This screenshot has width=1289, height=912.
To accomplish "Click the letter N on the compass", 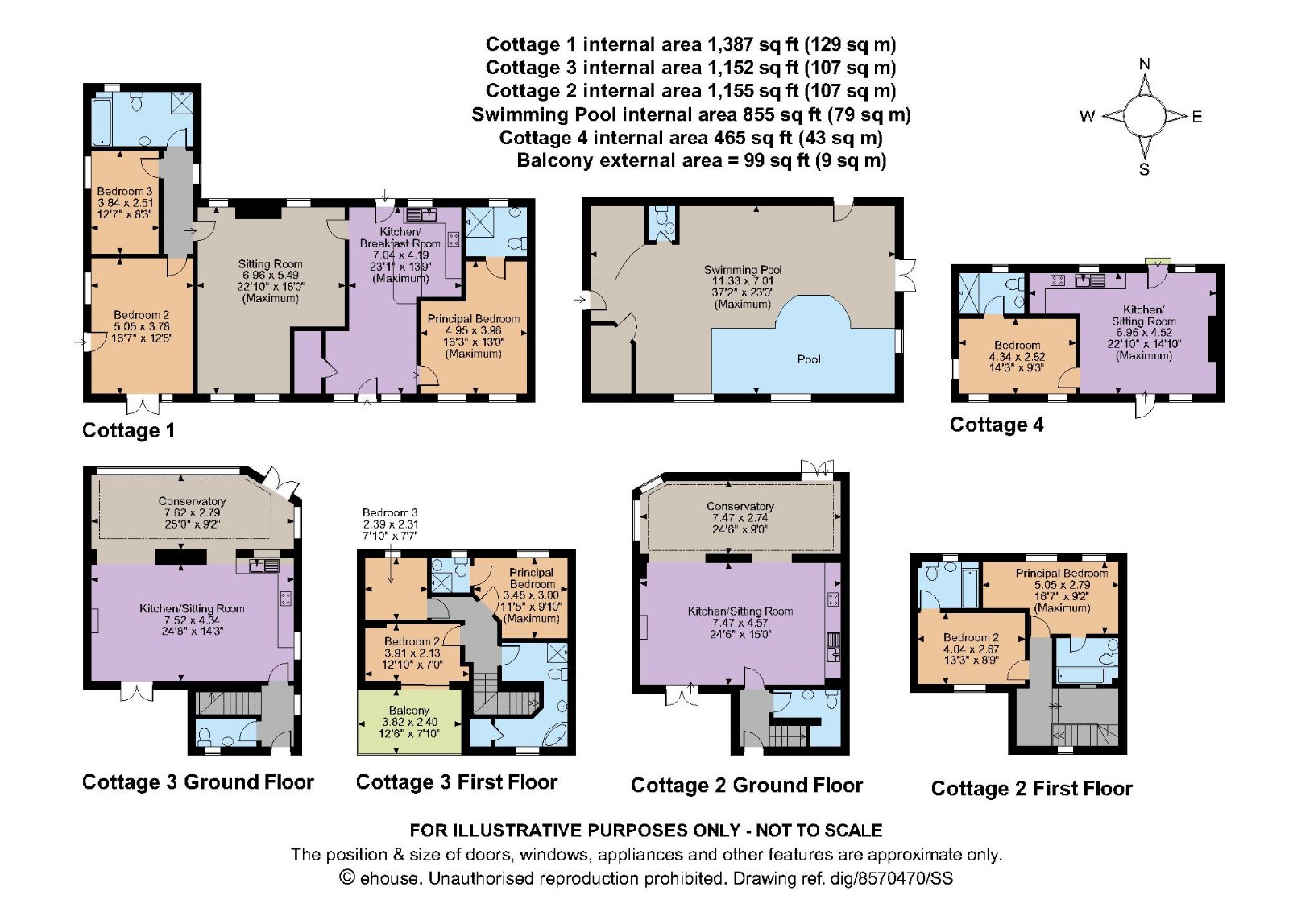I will click(1144, 64).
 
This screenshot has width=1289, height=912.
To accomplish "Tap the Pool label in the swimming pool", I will click(808, 359).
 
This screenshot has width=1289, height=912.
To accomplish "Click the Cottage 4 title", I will click(996, 425).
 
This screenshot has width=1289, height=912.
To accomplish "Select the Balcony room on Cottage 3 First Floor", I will click(409, 721).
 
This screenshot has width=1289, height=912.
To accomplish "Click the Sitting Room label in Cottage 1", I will click(270, 264).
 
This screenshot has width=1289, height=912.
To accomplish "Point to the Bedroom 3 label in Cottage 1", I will click(124, 192).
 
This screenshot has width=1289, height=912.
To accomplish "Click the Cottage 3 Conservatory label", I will click(192, 501).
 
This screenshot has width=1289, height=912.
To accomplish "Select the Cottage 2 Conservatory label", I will click(740, 506).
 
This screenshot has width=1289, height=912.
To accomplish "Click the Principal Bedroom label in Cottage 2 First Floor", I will click(1061, 573).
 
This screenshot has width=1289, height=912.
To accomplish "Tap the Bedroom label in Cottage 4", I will click(1017, 345).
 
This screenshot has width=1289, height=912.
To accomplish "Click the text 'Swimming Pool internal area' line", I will click(690, 114).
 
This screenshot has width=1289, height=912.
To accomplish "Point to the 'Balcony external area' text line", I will click(701, 160).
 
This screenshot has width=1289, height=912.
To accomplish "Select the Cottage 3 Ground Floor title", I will click(197, 781).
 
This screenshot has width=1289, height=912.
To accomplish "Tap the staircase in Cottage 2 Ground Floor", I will click(788, 735).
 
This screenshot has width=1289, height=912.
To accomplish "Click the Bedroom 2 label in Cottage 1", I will click(141, 315).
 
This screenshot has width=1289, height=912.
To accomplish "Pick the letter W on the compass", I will click(1087, 117).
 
